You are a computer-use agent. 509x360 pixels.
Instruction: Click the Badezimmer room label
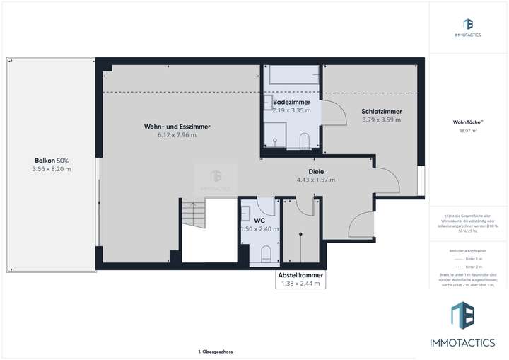pyautogui.click(x=291, y=103)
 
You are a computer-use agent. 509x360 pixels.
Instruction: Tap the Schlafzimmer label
pyautogui.click(x=381, y=112)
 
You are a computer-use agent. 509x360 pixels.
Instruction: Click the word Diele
pyautogui.click(x=315, y=171)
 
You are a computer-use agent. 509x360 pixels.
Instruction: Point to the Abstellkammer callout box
pyautogui.click(x=301, y=279)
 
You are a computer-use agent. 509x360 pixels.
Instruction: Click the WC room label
pyautogui.click(x=259, y=220)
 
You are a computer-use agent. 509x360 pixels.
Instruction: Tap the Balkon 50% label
pyautogui.click(x=52, y=161)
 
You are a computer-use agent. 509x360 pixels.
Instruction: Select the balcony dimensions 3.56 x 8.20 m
pyautogui.click(x=52, y=169)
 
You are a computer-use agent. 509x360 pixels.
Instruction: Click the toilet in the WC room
pyautogui.click(x=265, y=253)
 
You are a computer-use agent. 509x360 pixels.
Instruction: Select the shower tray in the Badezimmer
pyautogui.click(x=274, y=132)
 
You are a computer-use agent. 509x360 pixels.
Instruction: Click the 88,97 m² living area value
pyautogui.click(x=468, y=130)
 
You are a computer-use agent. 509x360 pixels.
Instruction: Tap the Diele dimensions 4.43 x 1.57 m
pyautogui.click(x=315, y=180)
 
